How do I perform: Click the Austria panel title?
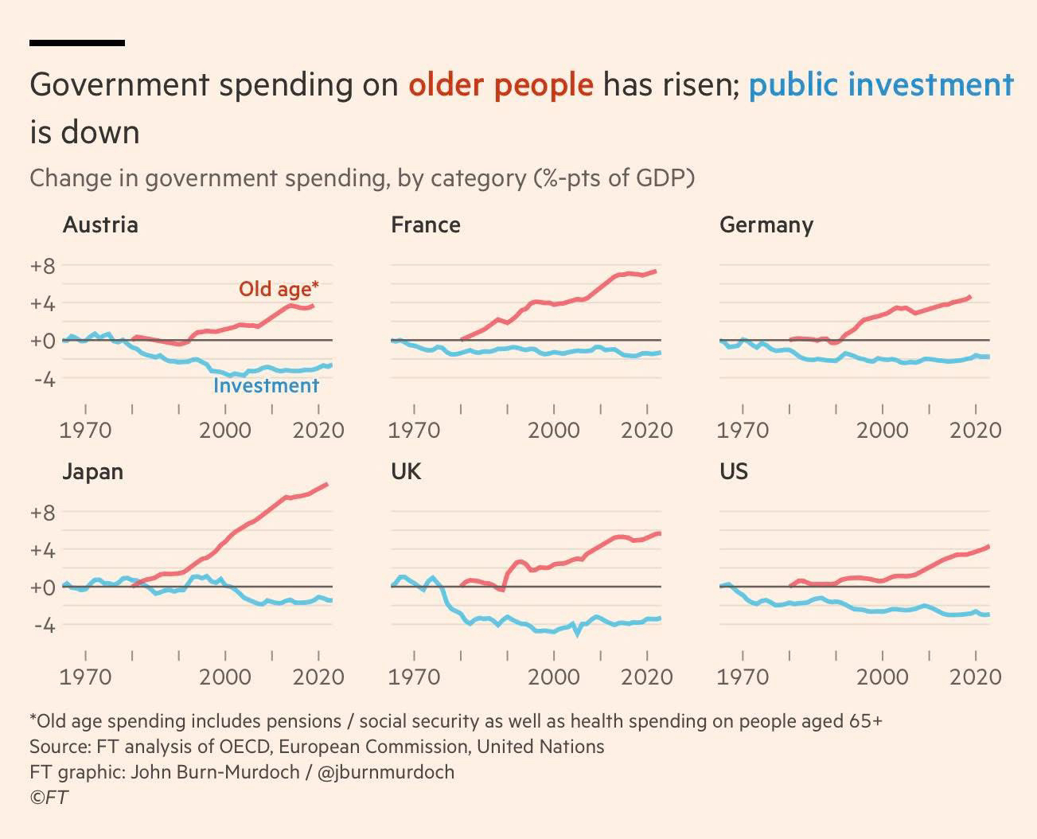(x=100, y=225)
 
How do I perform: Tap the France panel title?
(x=425, y=225)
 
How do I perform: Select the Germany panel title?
(x=766, y=225)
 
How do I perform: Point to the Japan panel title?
(x=92, y=472)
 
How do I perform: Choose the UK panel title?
(x=405, y=472)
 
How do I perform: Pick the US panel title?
(x=733, y=472)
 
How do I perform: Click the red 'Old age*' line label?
(x=279, y=288)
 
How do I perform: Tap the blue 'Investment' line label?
(x=266, y=386)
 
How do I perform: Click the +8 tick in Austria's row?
(x=42, y=266)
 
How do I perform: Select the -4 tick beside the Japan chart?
(x=44, y=625)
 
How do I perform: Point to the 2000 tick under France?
(x=554, y=431)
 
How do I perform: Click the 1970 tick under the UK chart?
(x=414, y=677)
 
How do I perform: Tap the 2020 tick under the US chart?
(x=976, y=677)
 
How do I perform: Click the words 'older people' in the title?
(x=501, y=84)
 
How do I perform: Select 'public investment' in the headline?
(x=881, y=84)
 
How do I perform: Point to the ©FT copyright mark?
(x=49, y=797)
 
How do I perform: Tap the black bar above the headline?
(x=77, y=43)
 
